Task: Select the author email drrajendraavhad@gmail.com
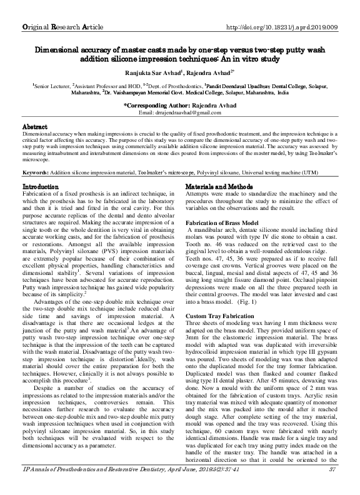coord(180,112)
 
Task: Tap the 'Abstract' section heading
coord(36,127)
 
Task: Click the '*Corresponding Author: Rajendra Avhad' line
coord(180,106)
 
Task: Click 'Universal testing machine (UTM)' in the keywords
coord(297,172)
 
